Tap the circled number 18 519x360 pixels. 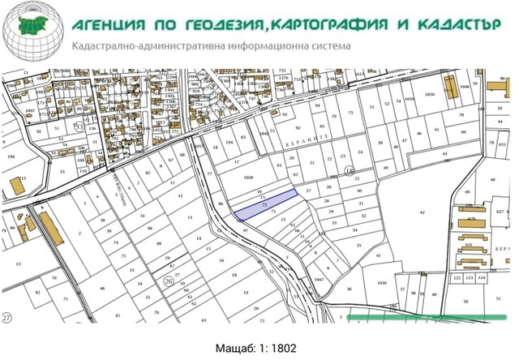[x=350, y=169]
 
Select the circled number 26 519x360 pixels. [x=168, y=281]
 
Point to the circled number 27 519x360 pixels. [x=7, y=317]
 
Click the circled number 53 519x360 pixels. [x=79, y=126]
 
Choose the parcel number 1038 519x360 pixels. [x=248, y=176]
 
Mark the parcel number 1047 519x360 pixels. [x=319, y=279]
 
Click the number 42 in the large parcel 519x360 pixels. [x=422, y=210]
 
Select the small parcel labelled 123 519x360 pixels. [x=470, y=278]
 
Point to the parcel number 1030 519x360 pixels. [x=430, y=94]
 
